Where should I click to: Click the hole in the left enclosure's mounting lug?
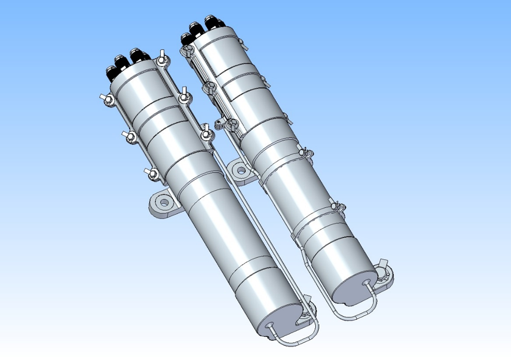164,203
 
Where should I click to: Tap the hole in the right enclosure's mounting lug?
241,169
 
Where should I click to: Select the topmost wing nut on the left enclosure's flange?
163,57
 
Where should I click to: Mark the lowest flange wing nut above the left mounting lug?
152,174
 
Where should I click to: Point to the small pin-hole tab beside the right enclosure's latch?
219,123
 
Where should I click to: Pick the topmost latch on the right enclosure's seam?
186,50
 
